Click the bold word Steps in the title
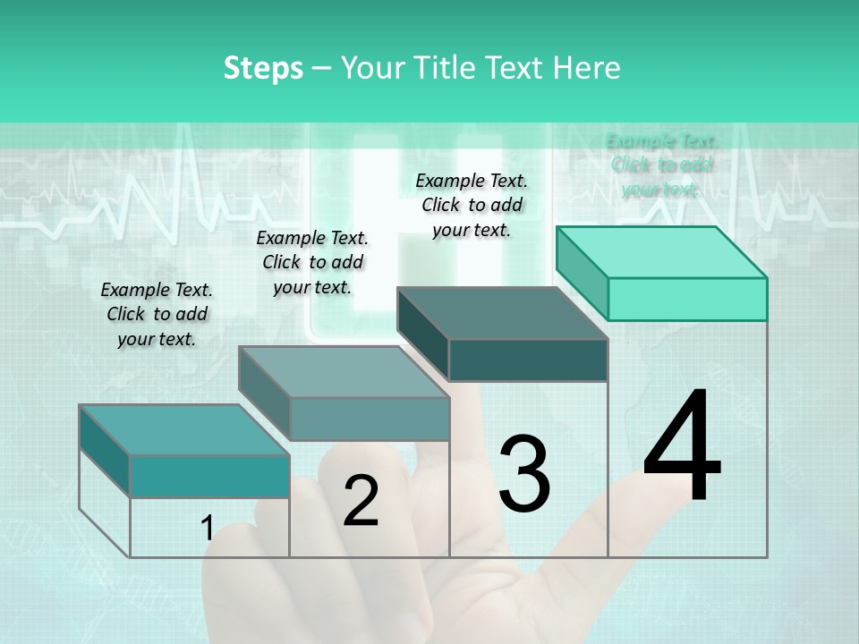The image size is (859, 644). coord(263,68)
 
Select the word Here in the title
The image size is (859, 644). coord(587,68)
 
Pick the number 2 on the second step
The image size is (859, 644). coord(361,501)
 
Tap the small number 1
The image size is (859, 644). coord(207,528)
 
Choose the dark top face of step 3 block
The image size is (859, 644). coord(502,313)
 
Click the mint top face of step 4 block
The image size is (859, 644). coord(661,251)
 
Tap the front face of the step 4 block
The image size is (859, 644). coord(687,299)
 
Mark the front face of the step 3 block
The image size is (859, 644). coord(528,360)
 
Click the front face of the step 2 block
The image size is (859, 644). coord(370,419)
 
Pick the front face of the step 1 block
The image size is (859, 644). coord(209,476)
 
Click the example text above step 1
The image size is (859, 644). coord(157,314)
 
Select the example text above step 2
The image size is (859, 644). coord(312,262)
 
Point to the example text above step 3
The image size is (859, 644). coord(472,205)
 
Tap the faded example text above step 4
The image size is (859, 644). coord(661,165)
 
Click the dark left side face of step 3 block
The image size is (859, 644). coord(423,333)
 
